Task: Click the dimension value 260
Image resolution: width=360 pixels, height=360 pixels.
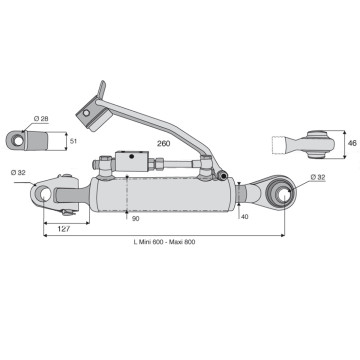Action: [164, 143]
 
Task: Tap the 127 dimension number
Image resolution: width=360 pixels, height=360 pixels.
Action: [64, 229]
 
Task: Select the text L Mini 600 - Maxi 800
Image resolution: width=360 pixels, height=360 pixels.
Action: [164, 242]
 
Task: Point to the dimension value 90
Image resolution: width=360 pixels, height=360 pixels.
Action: [136, 219]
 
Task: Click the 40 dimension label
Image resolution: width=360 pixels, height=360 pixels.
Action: [244, 217]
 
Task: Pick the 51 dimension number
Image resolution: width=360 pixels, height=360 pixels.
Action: [74, 141]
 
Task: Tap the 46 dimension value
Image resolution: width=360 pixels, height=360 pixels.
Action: [352, 143]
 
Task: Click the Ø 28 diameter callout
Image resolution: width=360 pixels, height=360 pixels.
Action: [41, 119]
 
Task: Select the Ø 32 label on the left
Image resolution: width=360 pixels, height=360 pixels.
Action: [18, 173]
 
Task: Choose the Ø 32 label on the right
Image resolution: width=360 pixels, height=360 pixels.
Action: [318, 178]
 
